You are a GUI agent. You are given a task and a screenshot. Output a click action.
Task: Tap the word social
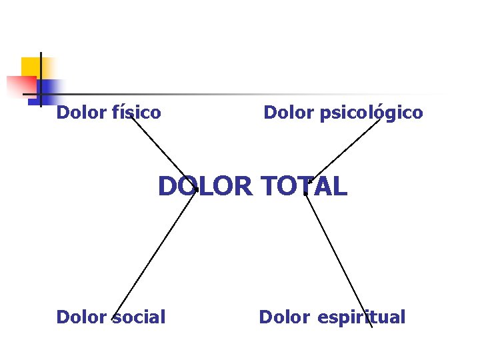pyautogui.click(x=138, y=317)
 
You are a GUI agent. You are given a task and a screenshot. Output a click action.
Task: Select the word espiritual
pyautogui.click(x=361, y=317)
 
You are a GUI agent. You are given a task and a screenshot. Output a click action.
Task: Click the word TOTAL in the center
pyautogui.click(x=305, y=187)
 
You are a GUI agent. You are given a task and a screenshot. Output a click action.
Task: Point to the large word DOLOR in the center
pyautogui.click(x=206, y=187)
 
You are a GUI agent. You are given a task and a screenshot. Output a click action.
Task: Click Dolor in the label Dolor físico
pyautogui.click(x=81, y=113)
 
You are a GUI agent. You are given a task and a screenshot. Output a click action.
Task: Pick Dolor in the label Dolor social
pyautogui.click(x=81, y=317)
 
